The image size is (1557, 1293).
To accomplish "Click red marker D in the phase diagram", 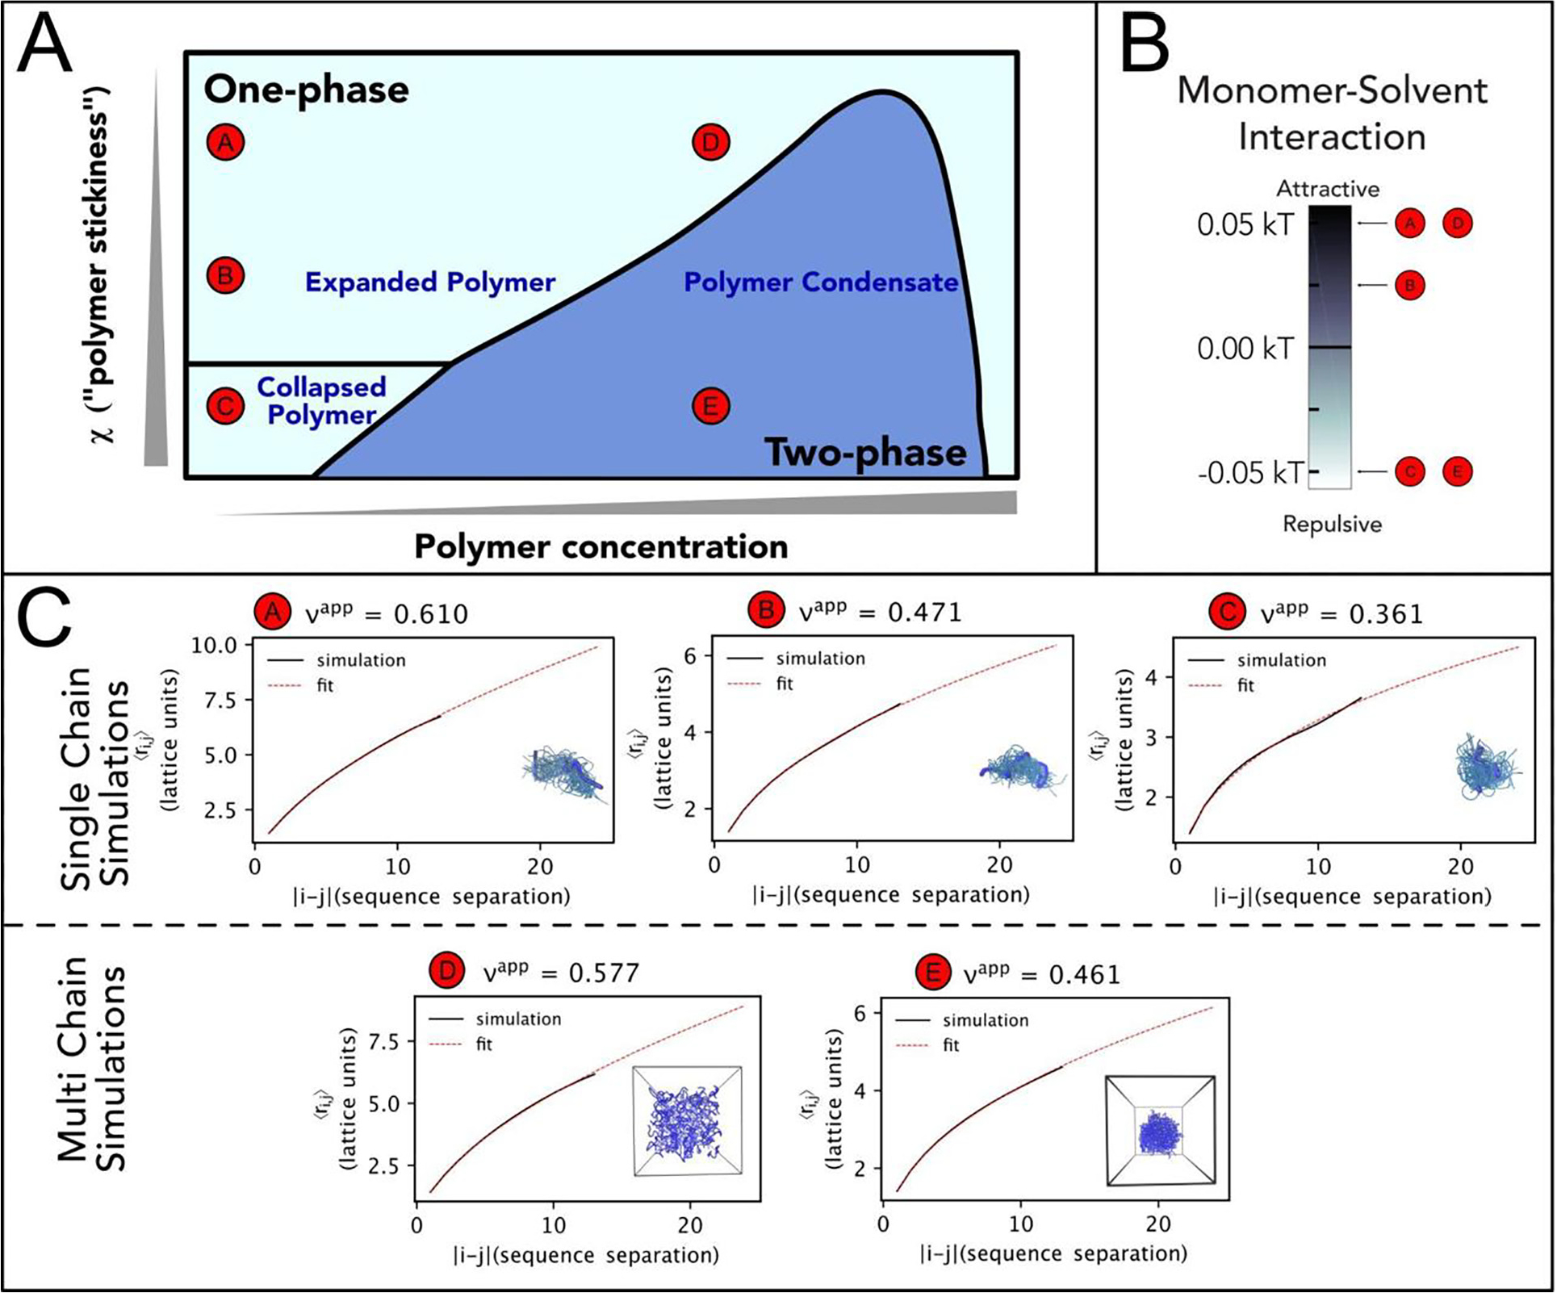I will click(x=710, y=143).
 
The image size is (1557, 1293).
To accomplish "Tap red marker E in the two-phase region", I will click(x=710, y=406).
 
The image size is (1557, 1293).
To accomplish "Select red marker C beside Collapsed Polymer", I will click(x=225, y=406).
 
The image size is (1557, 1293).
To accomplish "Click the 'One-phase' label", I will click(x=306, y=89).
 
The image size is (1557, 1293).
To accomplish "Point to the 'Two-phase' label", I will click(x=865, y=452).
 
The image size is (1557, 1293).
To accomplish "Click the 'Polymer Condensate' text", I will click(x=821, y=282).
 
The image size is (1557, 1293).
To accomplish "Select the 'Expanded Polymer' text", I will click(x=430, y=282).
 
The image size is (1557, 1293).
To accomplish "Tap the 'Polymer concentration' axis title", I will click(x=601, y=546).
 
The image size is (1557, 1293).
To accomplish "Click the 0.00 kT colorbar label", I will click(x=1245, y=349).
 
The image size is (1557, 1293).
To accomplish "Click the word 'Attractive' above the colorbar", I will click(x=1328, y=189).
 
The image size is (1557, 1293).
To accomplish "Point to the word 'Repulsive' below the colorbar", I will click(x=1332, y=524).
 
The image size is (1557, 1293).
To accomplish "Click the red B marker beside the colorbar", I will click(x=1410, y=285).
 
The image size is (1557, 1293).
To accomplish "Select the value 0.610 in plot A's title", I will click(x=430, y=614).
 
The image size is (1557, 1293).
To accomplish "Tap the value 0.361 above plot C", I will click(x=1385, y=614).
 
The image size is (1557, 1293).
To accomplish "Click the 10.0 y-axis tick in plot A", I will click(x=214, y=645).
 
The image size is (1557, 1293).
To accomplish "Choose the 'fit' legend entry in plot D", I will click(x=483, y=1044).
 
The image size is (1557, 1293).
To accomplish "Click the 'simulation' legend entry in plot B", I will click(x=820, y=658).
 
